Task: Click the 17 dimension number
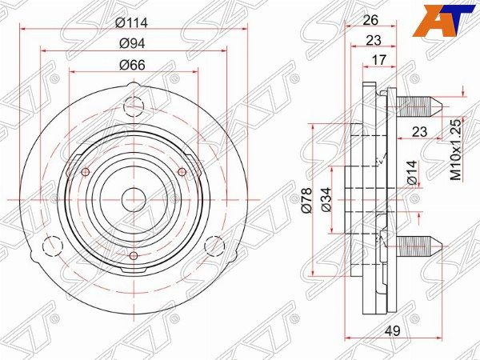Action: (x=380, y=58)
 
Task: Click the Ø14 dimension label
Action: (x=412, y=172)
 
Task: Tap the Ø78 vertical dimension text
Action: (x=305, y=200)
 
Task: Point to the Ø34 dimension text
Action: (x=326, y=200)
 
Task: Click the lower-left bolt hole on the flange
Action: (x=54, y=245)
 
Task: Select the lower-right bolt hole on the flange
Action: (x=214, y=245)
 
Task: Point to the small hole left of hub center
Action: (x=86, y=171)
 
